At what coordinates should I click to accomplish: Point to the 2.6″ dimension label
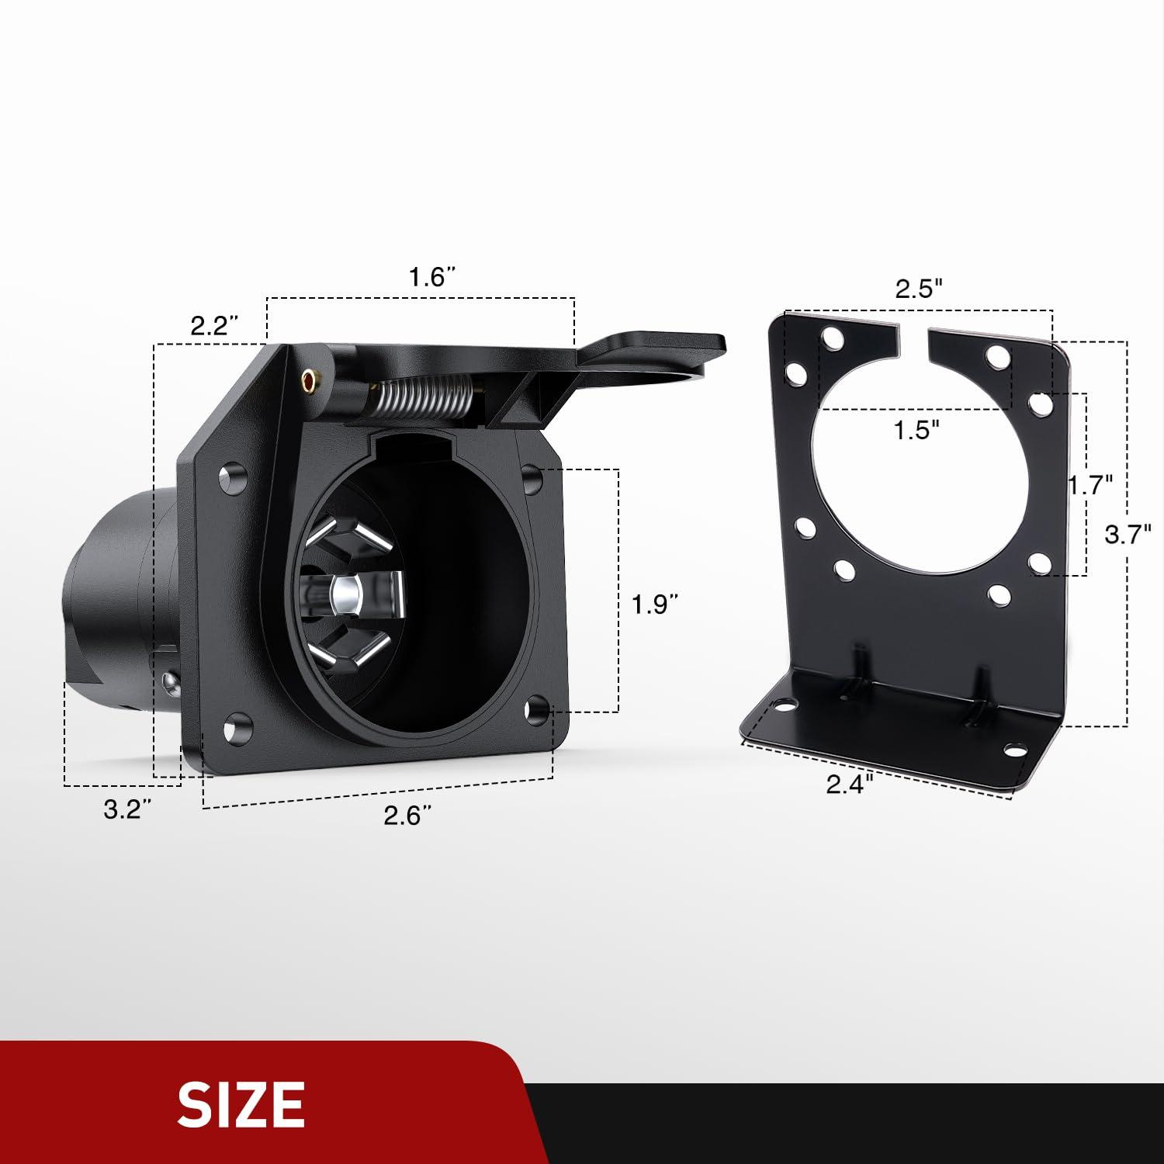tap(407, 816)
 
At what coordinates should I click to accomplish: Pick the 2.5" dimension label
tap(919, 289)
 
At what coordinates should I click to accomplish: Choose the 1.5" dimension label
tap(916, 429)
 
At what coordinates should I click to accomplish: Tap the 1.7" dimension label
tap(1091, 486)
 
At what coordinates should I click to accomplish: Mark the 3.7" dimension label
tap(1128, 534)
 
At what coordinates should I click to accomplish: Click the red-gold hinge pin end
tap(310, 381)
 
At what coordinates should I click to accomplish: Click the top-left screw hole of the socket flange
tap(230, 478)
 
